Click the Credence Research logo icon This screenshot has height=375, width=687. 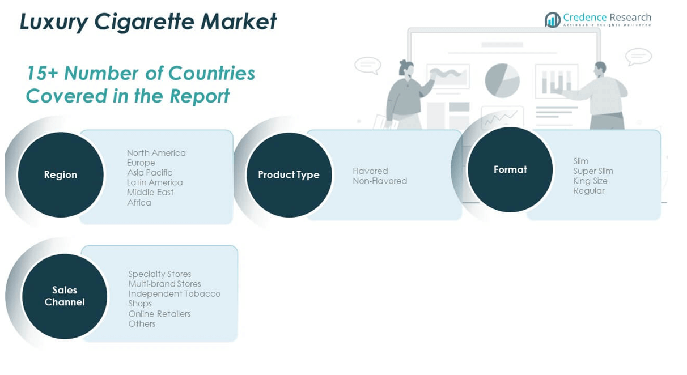click(553, 20)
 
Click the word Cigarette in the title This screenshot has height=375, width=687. click(144, 22)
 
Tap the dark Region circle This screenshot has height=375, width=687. click(61, 175)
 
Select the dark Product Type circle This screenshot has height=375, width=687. click(289, 175)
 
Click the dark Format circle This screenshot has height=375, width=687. click(510, 169)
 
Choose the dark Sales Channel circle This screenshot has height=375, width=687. click(65, 296)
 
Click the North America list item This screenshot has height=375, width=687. click(156, 153)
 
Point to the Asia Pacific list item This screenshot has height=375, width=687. click(150, 173)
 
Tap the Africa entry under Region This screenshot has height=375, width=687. click(139, 202)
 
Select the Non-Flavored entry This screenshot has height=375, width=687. click(380, 181)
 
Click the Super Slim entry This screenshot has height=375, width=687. click(593, 171)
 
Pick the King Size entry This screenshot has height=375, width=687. click(591, 181)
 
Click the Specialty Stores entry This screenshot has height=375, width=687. click(159, 274)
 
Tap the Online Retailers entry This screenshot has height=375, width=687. click(159, 314)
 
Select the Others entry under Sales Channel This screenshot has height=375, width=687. click(142, 323)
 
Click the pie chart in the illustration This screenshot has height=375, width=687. click(502, 80)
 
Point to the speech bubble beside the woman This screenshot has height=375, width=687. click(367, 66)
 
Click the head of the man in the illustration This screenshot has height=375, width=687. click(600, 70)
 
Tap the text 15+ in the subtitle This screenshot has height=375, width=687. click(42, 73)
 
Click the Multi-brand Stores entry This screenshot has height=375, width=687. click(164, 284)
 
